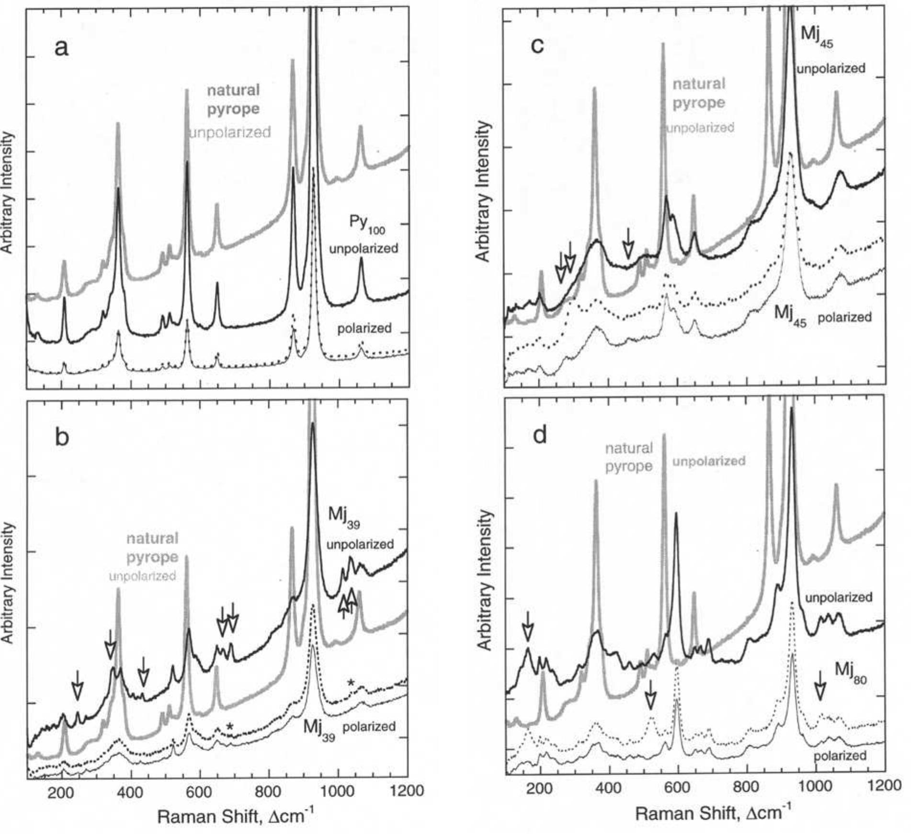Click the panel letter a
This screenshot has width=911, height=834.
[x=61, y=48]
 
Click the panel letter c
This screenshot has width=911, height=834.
[x=538, y=46]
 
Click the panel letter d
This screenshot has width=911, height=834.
[x=540, y=435]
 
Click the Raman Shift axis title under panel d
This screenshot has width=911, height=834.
[x=713, y=812]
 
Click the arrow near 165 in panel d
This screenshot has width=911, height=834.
[x=527, y=626]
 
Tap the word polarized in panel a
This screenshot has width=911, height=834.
[x=364, y=328]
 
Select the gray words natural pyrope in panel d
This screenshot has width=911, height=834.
[x=629, y=457]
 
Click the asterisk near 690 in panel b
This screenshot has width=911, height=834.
[x=230, y=726]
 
